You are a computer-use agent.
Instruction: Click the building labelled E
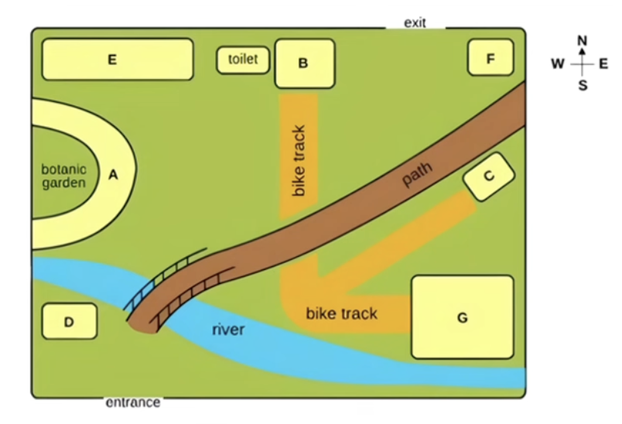click(118, 60)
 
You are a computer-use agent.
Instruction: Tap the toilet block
click(243, 60)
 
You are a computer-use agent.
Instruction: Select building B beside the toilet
click(305, 63)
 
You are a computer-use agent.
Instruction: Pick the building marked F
click(490, 57)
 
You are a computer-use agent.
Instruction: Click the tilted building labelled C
click(489, 176)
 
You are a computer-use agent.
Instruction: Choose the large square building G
click(463, 317)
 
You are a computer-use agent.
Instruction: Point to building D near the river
click(70, 322)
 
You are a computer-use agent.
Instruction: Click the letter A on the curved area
click(113, 175)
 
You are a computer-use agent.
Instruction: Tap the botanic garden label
click(64, 176)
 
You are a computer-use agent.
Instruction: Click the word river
click(228, 330)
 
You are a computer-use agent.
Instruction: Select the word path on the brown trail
click(417, 174)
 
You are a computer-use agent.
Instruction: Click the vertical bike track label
click(299, 161)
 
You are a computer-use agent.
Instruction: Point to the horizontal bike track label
click(341, 313)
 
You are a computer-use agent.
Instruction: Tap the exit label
click(415, 23)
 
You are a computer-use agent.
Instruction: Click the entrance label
click(133, 402)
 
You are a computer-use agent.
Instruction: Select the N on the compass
click(582, 40)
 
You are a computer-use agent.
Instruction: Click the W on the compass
click(558, 63)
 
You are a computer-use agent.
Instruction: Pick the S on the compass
click(583, 85)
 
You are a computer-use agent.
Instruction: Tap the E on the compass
click(603, 63)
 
